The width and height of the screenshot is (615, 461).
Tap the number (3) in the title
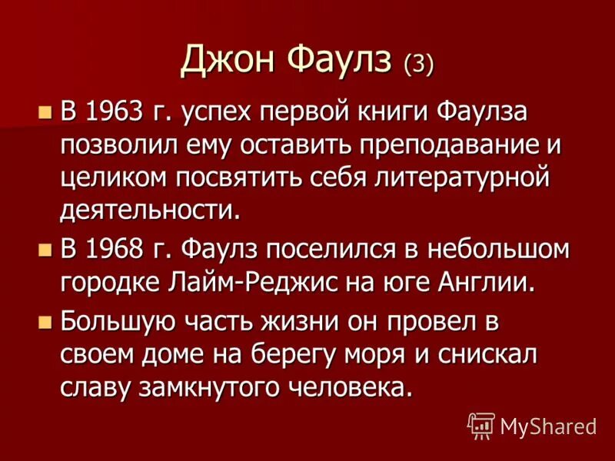(x=419, y=62)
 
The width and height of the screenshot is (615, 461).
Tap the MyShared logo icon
(x=480, y=425)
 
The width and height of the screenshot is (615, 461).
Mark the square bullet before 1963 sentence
(x=45, y=112)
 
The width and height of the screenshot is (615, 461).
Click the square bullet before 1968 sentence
(x=45, y=250)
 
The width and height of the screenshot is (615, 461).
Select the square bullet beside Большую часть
(x=45, y=319)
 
